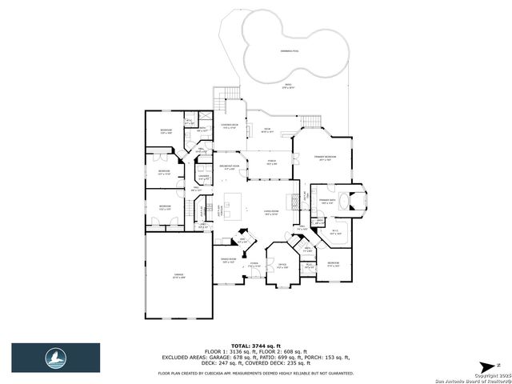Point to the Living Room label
271,213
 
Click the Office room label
282,266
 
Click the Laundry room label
204,178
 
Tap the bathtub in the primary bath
350,200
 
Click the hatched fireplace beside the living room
293,200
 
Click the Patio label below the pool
287,87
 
